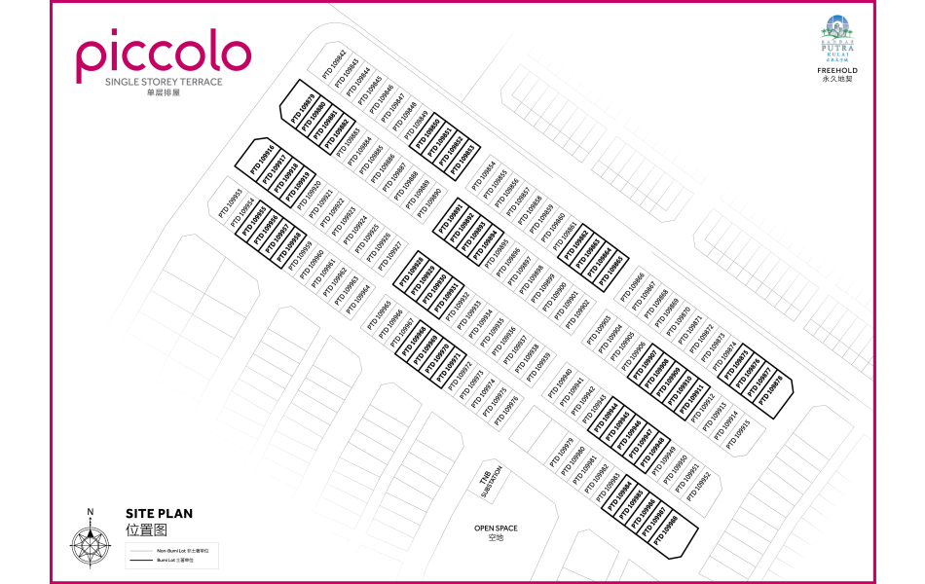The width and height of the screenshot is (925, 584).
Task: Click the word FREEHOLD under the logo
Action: (837, 71)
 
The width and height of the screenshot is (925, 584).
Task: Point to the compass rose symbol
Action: (90, 543)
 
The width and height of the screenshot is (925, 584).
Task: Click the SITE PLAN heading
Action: (159, 514)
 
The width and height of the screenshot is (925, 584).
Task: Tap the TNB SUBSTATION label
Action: (490, 482)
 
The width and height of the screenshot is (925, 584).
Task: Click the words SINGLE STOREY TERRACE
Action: (163, 82)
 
